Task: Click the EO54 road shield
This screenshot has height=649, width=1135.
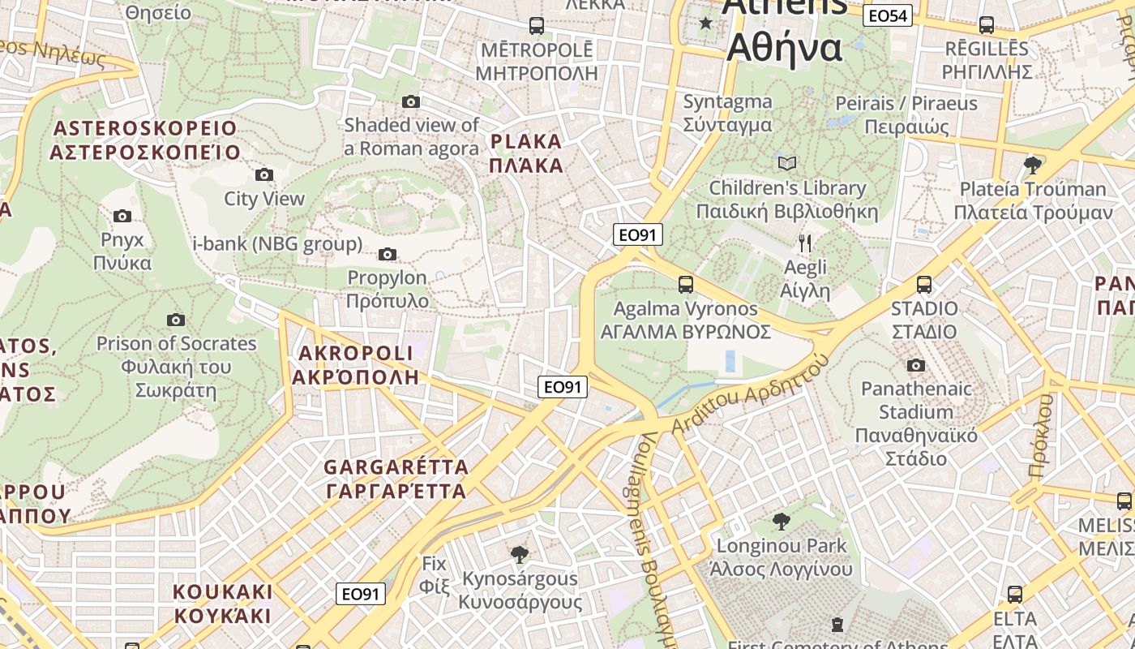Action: (888, 15)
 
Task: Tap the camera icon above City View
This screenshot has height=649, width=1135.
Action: (263, 174)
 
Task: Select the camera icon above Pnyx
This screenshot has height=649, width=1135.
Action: (122, 216)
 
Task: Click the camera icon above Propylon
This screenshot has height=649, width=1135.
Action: (388, 255)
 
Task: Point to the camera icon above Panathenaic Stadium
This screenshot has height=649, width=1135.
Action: (916, 365)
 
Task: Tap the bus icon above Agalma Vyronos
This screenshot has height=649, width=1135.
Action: (686, 285)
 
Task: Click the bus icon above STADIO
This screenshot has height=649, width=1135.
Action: (924, 285)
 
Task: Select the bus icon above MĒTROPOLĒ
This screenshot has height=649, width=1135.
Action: (537, 26)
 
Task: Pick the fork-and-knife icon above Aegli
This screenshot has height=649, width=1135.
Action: (805, 243)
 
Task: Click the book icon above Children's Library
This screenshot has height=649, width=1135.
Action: (787, 163)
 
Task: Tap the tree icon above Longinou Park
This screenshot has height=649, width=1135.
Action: (782, 521)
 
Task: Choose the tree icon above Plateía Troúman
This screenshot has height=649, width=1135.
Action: (1033, 165)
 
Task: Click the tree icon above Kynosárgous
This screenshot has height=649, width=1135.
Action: (520, 555)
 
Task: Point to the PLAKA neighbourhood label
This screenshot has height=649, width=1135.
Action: (526, 153)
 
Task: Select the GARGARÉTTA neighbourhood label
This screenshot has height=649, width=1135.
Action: (396, 479)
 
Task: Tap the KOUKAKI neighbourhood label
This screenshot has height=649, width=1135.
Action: (222, 603)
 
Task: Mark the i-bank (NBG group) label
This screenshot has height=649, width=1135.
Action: (277, 244)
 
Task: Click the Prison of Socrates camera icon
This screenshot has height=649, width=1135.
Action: (175, 320)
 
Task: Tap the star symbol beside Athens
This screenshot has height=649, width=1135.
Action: (706, 23)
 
